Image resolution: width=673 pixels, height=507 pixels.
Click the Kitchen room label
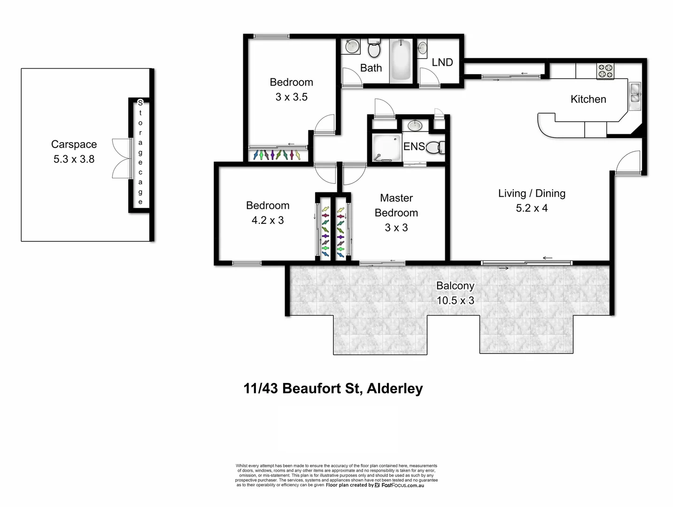[588, 99]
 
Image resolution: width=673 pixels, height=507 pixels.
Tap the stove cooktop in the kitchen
[605, 71]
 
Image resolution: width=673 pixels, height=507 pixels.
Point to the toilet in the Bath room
[374, 48]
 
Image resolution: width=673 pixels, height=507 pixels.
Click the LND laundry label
[442, 62]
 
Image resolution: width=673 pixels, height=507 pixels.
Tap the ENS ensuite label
[414, 146]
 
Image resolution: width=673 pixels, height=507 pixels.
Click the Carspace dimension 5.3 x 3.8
[74, 159]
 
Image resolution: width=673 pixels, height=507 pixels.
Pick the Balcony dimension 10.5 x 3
[455, 300]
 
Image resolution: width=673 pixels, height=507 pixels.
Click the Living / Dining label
[532, 193]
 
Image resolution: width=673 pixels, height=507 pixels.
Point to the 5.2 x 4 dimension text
[532, 208]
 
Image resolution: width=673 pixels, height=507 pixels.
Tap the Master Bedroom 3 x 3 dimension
[396, 228]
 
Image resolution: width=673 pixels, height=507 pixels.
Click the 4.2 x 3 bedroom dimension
[268, 220]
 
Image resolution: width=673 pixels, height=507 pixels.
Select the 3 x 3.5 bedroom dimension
[291, 97]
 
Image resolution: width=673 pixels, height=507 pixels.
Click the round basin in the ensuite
[415, 125]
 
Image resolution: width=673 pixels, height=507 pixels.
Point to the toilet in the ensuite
[436, 147]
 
